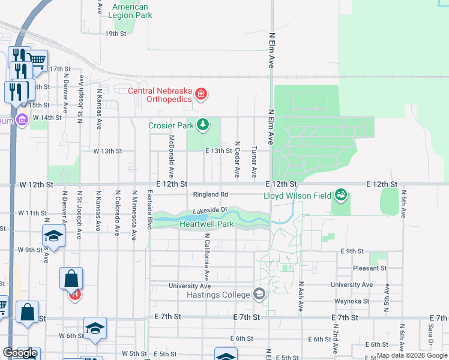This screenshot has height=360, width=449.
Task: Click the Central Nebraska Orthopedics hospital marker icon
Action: tap(200, 94)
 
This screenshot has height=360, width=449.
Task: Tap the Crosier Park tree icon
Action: tap(203, 125)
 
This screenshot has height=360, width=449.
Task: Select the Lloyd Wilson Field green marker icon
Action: tap(341, 194)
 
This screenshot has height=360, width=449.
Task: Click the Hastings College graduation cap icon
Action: tap(259, 294)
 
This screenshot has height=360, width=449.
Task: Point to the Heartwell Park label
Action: tap(206, 224)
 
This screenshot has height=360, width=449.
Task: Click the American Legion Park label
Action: tap(130, 11)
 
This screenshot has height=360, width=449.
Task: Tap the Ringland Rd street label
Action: tap(211, 194)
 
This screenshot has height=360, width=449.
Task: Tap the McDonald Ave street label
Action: tap(171, 155)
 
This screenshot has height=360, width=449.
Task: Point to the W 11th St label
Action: tap(32, 213)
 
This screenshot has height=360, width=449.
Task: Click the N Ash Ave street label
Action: tap(301, 296)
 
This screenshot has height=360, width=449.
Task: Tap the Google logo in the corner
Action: tap(20, 353)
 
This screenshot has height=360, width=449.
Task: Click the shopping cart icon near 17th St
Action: tap(37, 61)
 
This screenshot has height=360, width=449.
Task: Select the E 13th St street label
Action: tap(218, 151)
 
